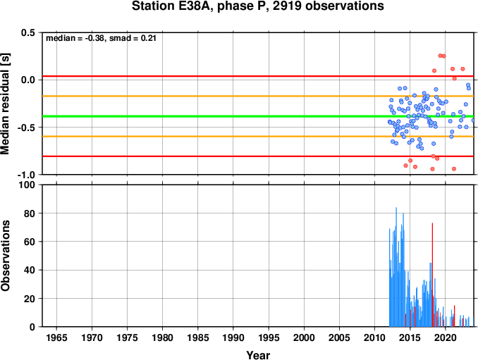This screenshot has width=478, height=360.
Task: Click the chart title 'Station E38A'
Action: point(172,6)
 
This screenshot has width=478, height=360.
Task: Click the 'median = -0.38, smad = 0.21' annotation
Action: point(101,38)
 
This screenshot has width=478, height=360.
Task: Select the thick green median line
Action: point(258,116)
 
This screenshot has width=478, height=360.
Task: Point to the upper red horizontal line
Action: point(258,76)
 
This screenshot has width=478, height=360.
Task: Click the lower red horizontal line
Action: point(258,156)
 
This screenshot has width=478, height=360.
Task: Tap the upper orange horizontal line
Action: point(258,97)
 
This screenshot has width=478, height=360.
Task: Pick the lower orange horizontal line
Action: point(258,137)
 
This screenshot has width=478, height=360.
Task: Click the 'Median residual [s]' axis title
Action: point(5,104)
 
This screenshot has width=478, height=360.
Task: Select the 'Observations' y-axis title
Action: point(5,256)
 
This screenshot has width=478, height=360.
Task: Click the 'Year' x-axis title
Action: point(258,355)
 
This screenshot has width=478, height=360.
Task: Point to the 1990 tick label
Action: point(233,337)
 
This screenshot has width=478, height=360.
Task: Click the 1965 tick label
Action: point(56,337)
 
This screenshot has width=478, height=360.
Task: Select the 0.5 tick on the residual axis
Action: point(28,32)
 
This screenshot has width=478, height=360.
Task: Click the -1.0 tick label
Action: point(27,175)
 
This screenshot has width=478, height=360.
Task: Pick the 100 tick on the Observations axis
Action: point(27,185)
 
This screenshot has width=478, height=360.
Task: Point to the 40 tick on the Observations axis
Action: point(30,270)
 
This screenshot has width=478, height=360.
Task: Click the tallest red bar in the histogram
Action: point(432,275)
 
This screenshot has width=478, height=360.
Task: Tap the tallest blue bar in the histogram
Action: point(396,267)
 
